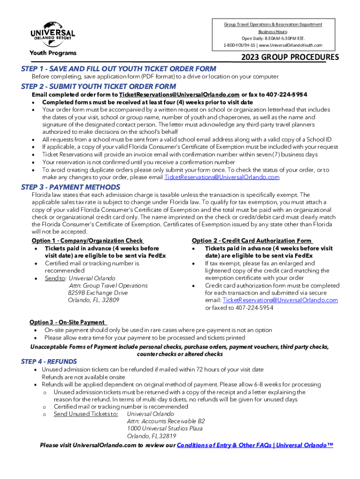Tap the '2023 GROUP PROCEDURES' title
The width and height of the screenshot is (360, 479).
click(x=290, y=58)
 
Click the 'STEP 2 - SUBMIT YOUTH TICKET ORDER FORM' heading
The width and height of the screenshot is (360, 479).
click(x=99, y=87)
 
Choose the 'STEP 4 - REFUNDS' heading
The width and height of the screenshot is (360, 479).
click(x=49, y=362)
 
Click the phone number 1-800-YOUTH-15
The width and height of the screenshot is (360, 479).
click(x=244, y=45)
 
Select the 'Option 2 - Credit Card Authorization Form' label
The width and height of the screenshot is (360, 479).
click(x=252, y=241)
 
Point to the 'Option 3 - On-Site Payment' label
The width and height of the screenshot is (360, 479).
click(x=67, y=322)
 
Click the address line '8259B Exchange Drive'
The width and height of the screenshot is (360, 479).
click(x=97, y=293)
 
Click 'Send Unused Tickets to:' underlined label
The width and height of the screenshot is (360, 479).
click(x=86, y=414)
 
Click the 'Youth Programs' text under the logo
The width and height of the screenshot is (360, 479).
click(x=53, y=53)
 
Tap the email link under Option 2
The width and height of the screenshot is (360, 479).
click(x=280, y=300)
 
